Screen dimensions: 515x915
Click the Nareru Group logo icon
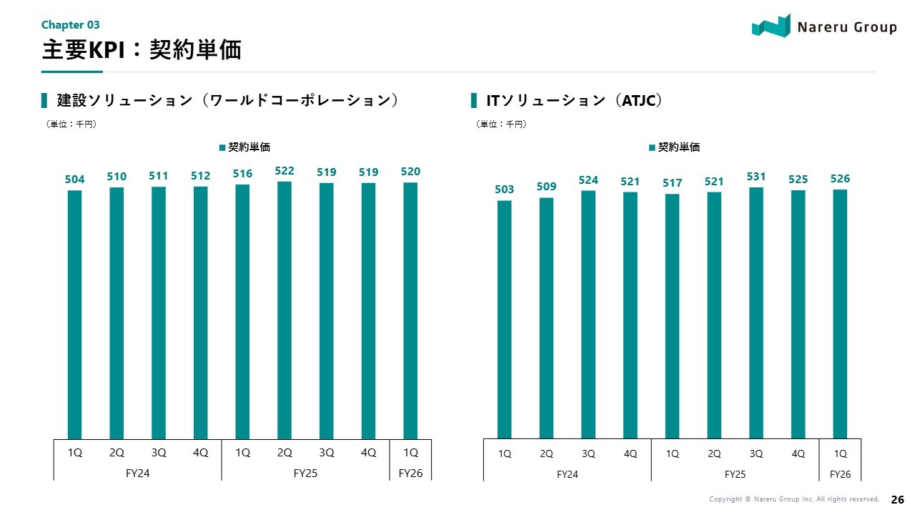tap(771, 26)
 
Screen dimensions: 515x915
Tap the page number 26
tap(897, 499)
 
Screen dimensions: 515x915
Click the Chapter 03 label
tap(70, 25)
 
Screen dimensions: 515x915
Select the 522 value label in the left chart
tap(285, 171)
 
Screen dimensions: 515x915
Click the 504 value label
tap(74, 179)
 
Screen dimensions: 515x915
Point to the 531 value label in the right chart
tap(756, 176)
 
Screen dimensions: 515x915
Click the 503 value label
tap(504, 190)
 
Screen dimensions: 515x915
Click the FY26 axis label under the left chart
tap(410, 473)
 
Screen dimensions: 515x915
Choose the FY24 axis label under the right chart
tap(567, 474)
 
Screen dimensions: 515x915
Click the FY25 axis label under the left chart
tap(305, 473)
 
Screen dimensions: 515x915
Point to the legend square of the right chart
tap(652, 147)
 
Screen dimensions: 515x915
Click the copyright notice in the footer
tap(793, 499)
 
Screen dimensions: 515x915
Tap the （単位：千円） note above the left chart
tap(71, 124)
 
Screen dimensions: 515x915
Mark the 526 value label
tap(840, 179)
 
